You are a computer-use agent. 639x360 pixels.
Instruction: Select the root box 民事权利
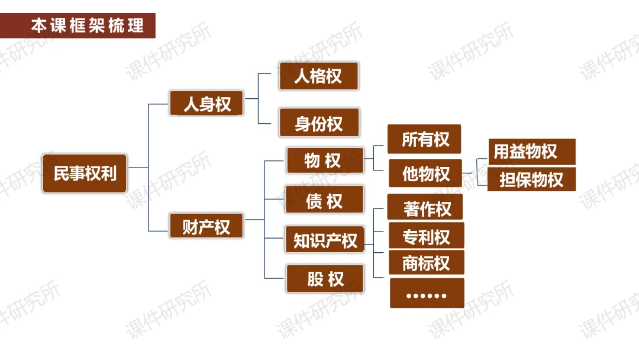point(85,173)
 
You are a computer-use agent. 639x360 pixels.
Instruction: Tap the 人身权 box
point(206,104)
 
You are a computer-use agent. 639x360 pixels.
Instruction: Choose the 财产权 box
point(206,226)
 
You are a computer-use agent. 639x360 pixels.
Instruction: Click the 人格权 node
point(318,76)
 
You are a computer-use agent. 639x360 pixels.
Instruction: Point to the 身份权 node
point(319,123)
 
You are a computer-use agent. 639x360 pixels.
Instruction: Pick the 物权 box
point(325,160)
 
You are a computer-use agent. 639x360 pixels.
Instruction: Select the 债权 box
point(324,201)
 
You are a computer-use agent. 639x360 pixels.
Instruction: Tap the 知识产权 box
point(325,240)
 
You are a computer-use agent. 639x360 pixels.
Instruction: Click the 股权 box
point(325,279)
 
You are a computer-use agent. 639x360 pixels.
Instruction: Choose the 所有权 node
point(424,139)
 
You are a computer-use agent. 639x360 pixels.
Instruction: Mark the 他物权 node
point(425,173)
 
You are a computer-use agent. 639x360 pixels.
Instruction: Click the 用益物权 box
point(531,152)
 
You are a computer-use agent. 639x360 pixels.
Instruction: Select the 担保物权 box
point(531,179)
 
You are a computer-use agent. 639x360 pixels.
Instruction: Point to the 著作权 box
point(425,208)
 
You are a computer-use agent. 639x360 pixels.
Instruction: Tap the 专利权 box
point(426,237)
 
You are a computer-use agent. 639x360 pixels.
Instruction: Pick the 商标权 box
point(426,263)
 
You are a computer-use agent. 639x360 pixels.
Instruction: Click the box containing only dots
point(427,294)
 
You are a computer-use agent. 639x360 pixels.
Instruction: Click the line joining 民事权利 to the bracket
point(138,168)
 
